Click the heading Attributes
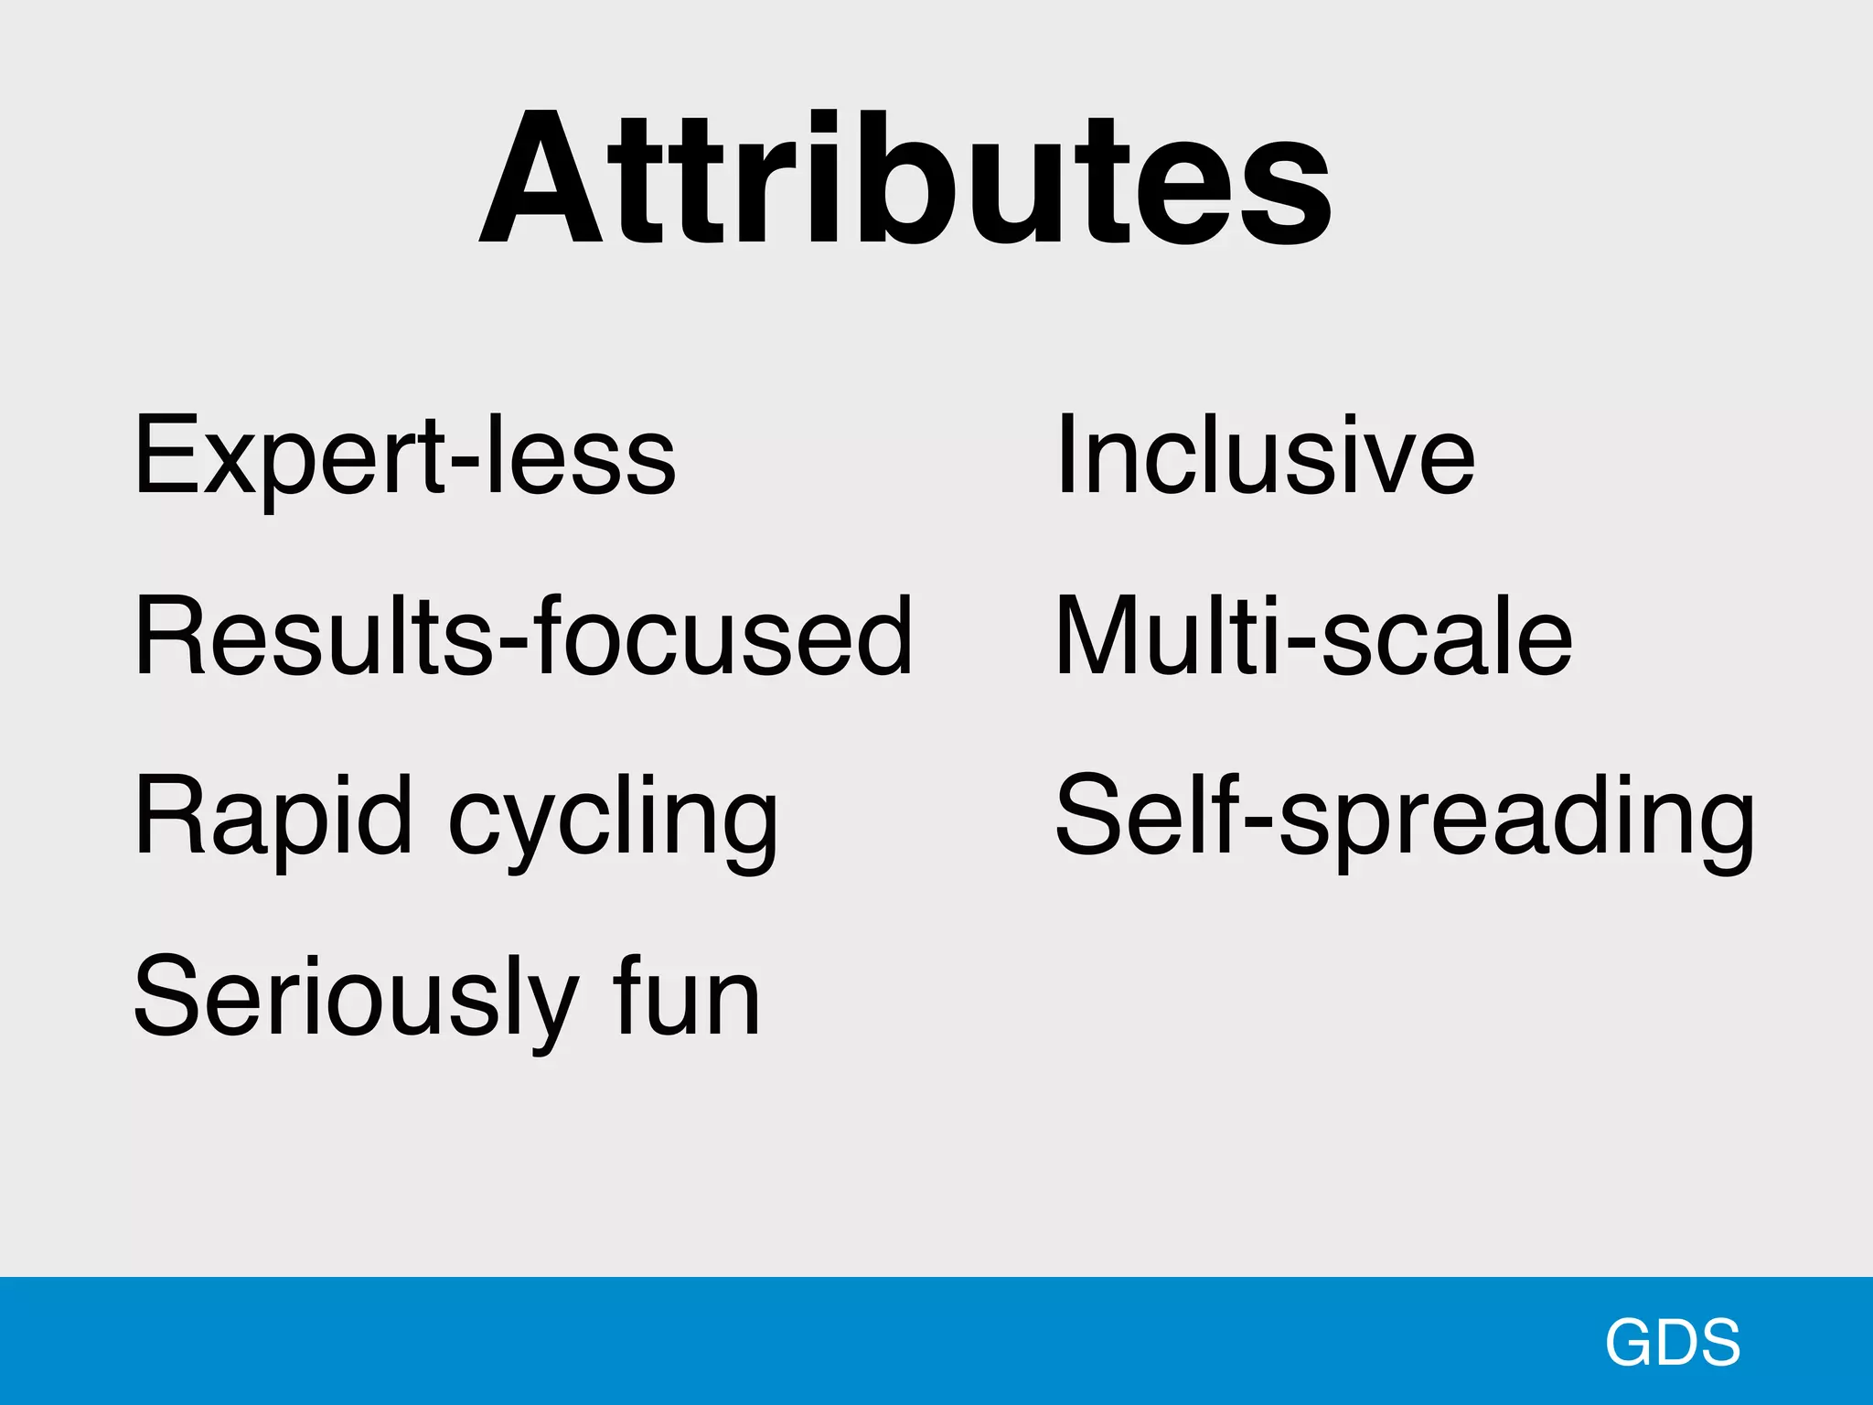[x=905, y=178]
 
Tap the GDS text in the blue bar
[x=1672, y=1342]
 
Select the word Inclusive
[x=1265, y=455]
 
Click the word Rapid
[x=273, y=816]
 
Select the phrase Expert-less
[x=404, y=455]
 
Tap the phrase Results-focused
[x=523, y=635]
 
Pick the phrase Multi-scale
[x=1313, y=635]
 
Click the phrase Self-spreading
[x=1405, y=816]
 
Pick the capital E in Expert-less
[x=165, y=455]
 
